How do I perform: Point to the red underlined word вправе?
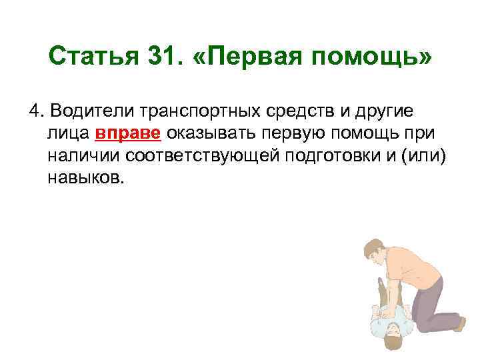pos(128,133)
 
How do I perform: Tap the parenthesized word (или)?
pos(419,156)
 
